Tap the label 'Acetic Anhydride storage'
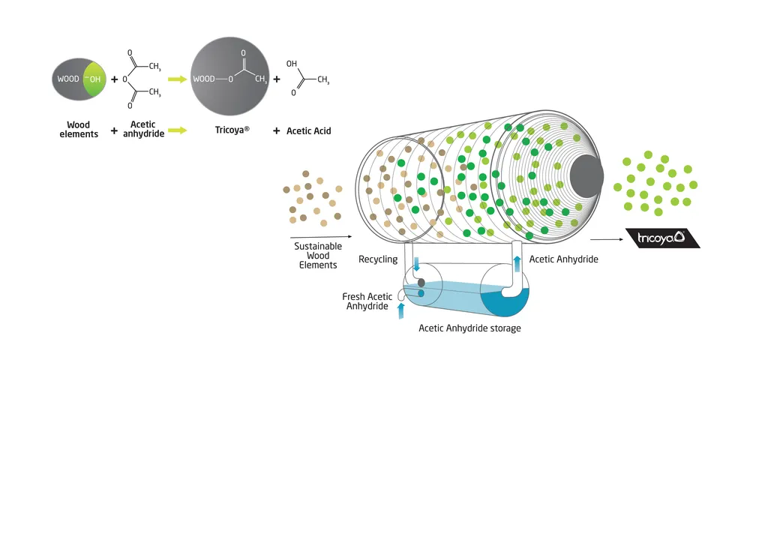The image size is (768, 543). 469,328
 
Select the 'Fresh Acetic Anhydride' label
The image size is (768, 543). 367,301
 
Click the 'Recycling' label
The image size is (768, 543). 378,259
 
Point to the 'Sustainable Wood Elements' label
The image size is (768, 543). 318,256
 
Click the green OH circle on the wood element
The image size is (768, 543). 95,79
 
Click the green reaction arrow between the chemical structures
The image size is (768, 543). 177,78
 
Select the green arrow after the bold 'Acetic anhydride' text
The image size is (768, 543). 177,130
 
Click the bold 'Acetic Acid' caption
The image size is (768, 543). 308,130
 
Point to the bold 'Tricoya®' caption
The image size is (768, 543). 232,130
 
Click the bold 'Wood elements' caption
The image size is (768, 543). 79,130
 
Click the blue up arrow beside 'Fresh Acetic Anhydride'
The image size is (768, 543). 400,310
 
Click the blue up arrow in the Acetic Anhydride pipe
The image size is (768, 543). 517,264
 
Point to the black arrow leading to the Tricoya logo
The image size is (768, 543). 607,240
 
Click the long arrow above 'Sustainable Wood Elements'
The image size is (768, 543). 319,237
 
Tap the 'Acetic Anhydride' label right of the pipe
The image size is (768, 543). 563,259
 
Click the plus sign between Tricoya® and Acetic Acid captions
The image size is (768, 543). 276,130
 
